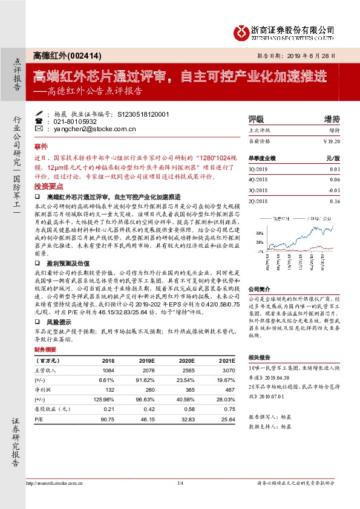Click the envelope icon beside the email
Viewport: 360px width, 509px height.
coord(39,129)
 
